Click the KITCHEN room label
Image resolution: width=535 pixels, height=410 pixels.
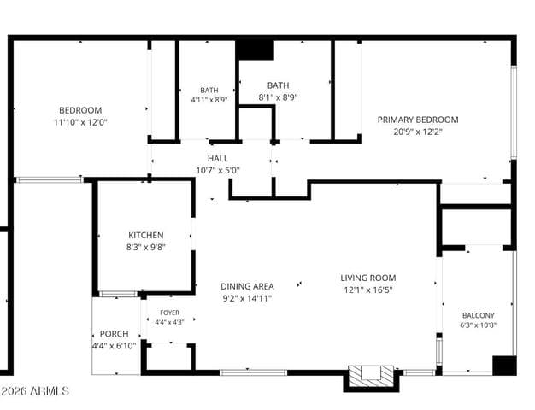145,236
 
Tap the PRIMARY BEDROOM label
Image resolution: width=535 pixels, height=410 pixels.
418,120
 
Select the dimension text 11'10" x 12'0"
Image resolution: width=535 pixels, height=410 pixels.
80,122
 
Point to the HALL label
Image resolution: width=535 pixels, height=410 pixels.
218,158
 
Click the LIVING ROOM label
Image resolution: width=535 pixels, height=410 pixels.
368,278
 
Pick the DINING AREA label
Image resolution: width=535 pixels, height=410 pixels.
247,286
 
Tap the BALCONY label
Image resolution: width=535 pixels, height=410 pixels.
478,315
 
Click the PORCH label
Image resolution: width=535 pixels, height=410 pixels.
114,334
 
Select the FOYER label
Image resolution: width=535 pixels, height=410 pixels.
169,313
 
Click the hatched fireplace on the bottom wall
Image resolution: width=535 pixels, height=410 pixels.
371,376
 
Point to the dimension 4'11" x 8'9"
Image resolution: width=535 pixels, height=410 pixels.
209,100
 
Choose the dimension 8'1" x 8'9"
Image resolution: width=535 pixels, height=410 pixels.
278,98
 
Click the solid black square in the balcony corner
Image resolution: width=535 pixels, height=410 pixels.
504,366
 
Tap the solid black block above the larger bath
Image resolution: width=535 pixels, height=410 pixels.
256,50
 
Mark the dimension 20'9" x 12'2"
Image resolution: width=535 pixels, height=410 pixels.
418,132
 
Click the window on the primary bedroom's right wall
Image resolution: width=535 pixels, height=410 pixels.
514,112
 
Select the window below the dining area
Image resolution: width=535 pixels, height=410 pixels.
254,372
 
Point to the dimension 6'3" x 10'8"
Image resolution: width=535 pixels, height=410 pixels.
478,325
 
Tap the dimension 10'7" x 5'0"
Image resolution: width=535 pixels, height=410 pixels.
218,170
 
